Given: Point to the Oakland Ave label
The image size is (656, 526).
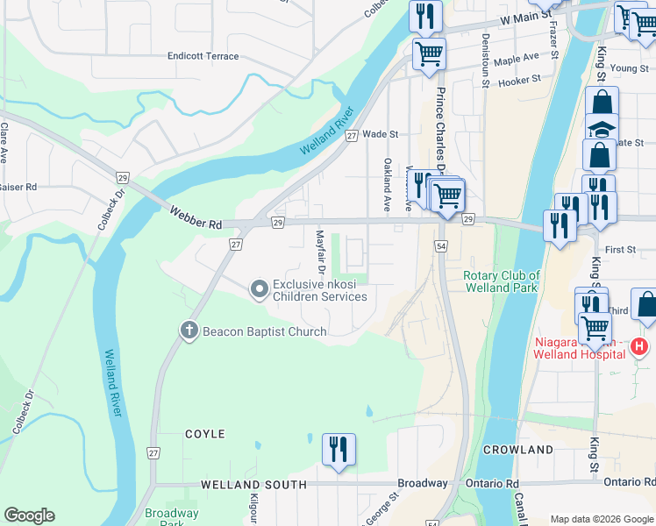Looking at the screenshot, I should tap(386, 178).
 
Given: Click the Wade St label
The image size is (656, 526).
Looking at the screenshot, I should tap(381, 135).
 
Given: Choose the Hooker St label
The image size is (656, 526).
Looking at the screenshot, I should tap(518, 82).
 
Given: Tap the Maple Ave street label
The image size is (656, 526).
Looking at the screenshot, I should tap(517, 58).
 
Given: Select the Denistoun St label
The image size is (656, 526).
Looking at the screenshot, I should tap(485, 62).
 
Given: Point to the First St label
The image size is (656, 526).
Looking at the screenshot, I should tap(619, 250).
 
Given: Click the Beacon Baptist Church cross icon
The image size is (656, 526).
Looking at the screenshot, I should tap(188, 331).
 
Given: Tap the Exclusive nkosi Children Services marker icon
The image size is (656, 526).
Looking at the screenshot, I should tap(259, 288).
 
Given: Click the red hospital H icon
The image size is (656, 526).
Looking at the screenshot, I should tap(640, 346).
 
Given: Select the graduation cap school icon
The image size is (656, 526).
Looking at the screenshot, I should tap(601, 129).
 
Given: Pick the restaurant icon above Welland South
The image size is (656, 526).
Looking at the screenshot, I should tap(339, 449).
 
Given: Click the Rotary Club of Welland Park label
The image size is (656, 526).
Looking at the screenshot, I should tap(501, 281).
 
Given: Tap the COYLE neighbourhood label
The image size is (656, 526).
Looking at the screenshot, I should tap(204, 434).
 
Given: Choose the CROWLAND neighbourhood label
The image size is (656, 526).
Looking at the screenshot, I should tap(517, 450).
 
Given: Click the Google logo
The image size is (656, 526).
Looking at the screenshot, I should tap(29, 515).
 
